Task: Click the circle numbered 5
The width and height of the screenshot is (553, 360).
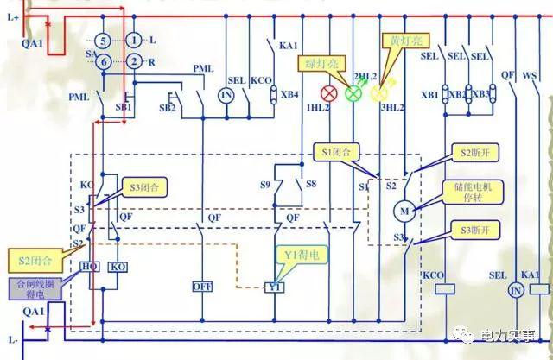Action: pyautogui.click(x=102, y=41)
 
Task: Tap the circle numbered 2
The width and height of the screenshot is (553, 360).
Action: pyautogui.click(x=134, y=61)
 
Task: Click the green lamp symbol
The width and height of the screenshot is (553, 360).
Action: pyautogui.click(x=353, y=92)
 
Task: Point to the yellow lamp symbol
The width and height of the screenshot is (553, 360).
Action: pyautogui.click(x=378, y=92)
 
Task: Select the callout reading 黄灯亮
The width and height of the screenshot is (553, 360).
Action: pyautogui.click(x=402, y=41)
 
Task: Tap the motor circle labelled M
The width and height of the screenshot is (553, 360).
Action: pyautogui.click(x=404, y=210)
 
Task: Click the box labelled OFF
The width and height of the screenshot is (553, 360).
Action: pyautogui.click(x=202, y=286)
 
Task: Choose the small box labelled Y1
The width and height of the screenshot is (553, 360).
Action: pyautogui.click(x=275, y=287)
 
